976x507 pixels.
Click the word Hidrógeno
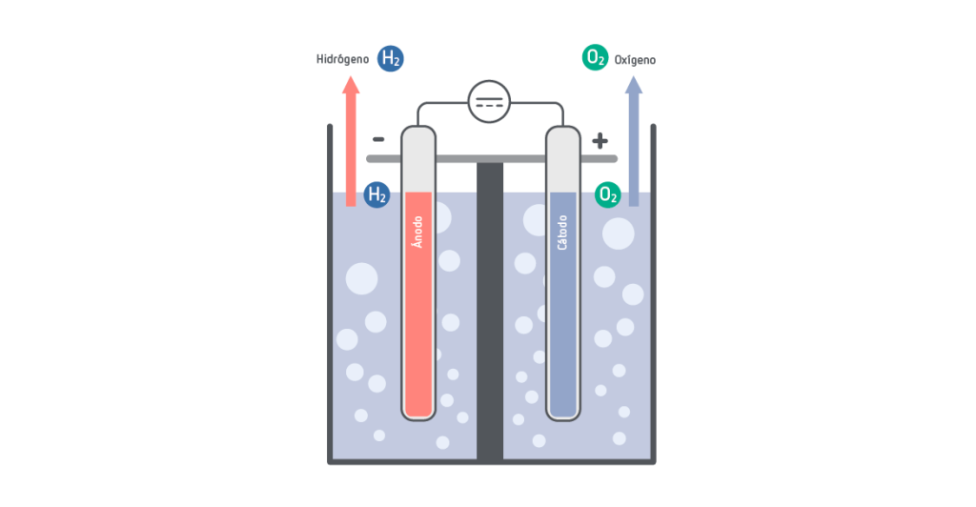(x=342, y=59)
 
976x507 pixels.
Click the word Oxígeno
(x=635, y=59)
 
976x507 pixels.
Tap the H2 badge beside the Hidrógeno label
(x=391, y=58)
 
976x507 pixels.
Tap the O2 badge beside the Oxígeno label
(x=596, y=58)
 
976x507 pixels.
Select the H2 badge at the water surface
(x=377, y=195)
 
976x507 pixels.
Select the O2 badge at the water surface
(x=607, y=195)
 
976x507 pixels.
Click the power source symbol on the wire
(x=490, y=101)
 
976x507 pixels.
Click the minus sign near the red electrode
(x=378, y=139)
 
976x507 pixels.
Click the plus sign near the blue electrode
(x=600, y=141)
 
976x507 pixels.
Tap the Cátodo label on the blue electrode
(x=562, y=233)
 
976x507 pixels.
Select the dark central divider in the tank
(x=490, y=314)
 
